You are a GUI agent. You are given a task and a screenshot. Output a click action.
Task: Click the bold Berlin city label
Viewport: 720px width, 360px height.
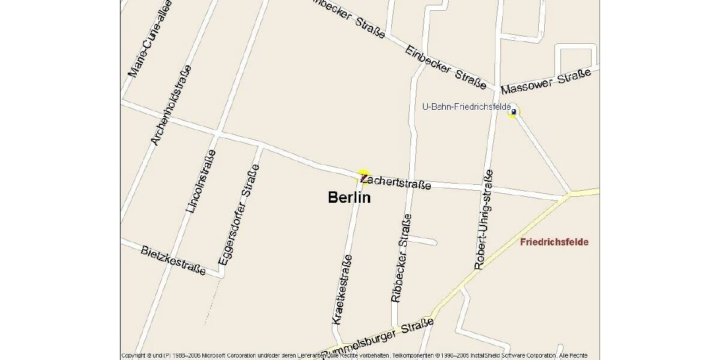tap(349, 197)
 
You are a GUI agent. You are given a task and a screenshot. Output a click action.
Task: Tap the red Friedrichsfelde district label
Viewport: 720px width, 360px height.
tap(554, 242)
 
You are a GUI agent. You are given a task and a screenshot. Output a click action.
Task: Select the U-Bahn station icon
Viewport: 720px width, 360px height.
tap(513, 112)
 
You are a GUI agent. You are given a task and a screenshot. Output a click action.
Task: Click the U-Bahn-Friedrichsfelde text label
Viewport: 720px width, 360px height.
tap(466, 106)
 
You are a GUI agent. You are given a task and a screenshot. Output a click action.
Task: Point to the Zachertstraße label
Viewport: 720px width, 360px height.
tap(396, 181)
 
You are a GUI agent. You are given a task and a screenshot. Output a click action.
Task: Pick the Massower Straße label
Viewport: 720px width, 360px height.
tap(546, 81)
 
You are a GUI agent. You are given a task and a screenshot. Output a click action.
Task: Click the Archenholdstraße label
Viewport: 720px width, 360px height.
tap(171, 105)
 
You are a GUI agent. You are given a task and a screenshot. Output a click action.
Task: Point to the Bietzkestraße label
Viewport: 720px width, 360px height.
tap(173, 260)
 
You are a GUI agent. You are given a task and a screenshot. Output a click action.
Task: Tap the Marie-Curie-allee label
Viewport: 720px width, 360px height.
tap(150, 39)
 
